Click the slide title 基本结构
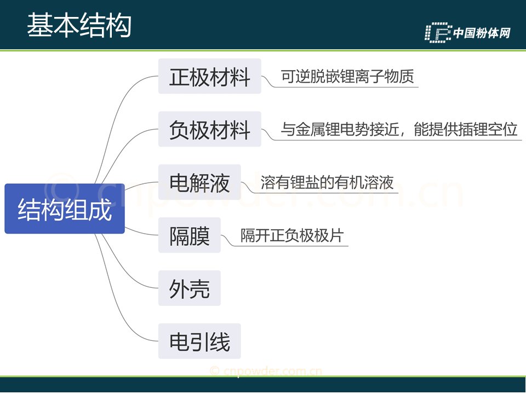coord(79,25)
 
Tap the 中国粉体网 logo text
coord(482,33)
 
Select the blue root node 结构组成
coord(65,208)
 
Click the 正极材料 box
coord(210,76)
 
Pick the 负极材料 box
coord(210,129)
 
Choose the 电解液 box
coord(199,182)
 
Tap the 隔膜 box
coord(190,235)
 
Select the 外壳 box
coord(190,288)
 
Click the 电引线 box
coord(199,341)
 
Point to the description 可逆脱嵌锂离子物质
coord(347,77)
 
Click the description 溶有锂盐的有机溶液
coord(327,182)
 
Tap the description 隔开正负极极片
coord(292,235)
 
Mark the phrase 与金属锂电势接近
coord(340,129)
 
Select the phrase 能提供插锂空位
coord(466,129)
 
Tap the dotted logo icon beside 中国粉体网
coord(438,32)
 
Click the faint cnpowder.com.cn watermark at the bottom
coord(266,371)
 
